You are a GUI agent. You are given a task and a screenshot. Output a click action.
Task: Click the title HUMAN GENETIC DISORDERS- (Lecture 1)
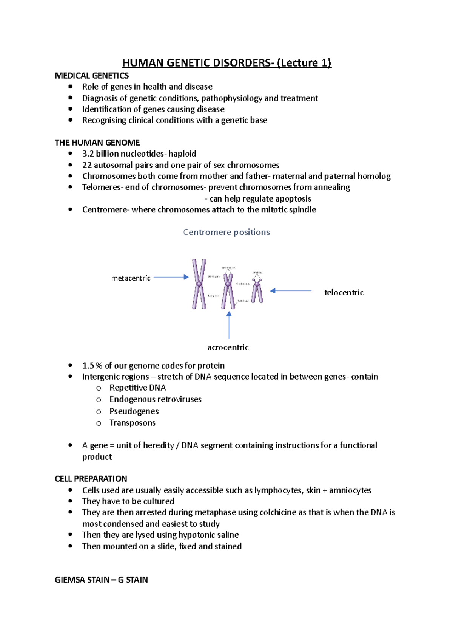pyautogui.click(x=226, y=63)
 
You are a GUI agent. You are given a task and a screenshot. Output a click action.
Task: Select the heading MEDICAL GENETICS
pyautogui.click(x=92, y=76)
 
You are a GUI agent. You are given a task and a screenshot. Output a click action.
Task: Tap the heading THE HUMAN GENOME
pyautogui.click(x=97, y=143)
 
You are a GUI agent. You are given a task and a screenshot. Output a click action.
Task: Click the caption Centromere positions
pyautogui.click(x=226, y=232)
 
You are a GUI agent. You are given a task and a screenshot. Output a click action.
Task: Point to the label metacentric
pyautogui.click(x=131, y=278)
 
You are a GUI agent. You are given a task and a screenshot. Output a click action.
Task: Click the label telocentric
pyautogui.click(x=344, y=292)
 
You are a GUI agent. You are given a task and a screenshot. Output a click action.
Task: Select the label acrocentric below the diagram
pyautogui.click(x=228, y=347)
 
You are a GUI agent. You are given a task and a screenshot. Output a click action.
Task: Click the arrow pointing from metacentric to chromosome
pyautogui.click(x=171, y=277)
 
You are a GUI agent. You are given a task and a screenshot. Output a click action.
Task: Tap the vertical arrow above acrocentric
pyautogui.click(x=229, y=325)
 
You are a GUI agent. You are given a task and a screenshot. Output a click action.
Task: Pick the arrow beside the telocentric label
pyautogui.click(x=291, y=291)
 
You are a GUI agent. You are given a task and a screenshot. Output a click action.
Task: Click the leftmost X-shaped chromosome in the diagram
pyautogui.click(x=199, y=284)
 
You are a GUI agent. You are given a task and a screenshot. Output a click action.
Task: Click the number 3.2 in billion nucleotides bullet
pyautogui.click(x=88, y=154)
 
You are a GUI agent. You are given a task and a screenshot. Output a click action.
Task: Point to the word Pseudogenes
pyautogui.click(x=134, y=411)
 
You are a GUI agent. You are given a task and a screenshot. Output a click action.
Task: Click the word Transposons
pyautogui.click(x=133, y=423)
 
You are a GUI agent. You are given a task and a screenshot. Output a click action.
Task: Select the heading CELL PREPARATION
pyautogui.click(x=91, y=479)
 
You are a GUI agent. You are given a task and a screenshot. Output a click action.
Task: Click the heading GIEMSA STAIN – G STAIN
pyautogui.click(x=101, y=580)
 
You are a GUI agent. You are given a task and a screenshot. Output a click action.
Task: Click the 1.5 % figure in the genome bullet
pyautogui.click(x=92, y=366)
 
